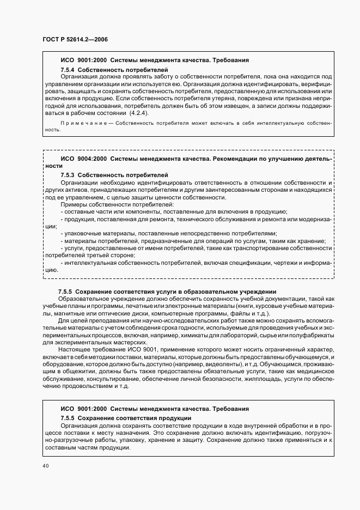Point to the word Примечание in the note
[x=78, y=124]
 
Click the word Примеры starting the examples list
[x=74, y=204]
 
